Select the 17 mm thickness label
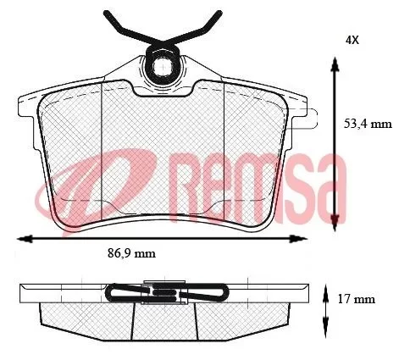[357, 298]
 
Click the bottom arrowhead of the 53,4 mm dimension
[335, 224]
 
